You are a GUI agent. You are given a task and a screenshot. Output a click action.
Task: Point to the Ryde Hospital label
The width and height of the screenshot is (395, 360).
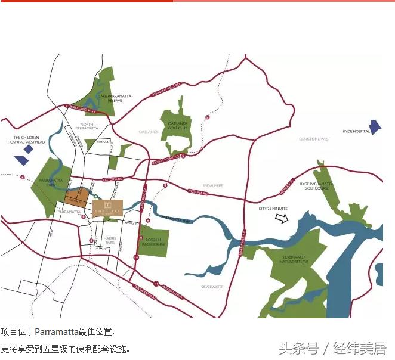click(x=356, y=131)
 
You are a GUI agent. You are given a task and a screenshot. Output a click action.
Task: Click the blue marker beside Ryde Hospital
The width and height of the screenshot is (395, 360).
click(x=375, y=127)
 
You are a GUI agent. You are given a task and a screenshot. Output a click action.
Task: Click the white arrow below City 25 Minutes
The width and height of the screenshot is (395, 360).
click(x=280, y=218)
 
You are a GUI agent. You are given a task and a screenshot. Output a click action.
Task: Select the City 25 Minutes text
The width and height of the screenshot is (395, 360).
click(x=273, y=209)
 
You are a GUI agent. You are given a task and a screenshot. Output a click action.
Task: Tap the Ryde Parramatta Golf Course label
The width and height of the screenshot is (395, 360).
click(x=316, y=186)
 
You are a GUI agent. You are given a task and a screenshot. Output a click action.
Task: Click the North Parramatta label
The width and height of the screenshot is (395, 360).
click(x=87, y=126)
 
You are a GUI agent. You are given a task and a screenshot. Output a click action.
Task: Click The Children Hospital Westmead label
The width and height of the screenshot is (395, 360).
click(x=26, y=139)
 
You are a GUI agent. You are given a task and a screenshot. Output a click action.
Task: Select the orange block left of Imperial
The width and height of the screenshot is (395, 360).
click(x=76, y=197)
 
